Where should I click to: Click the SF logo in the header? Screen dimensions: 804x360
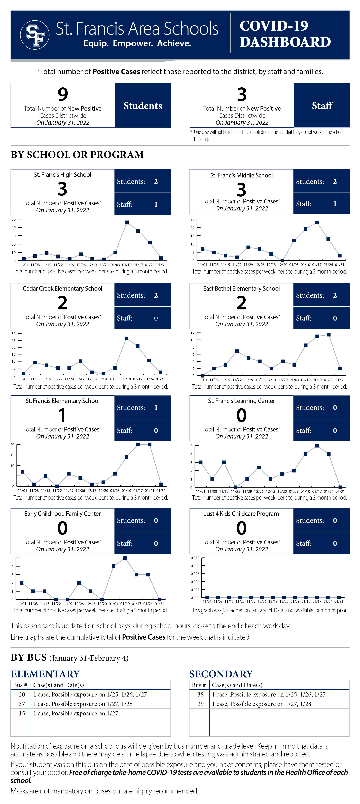(35, 35)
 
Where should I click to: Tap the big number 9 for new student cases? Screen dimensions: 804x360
(63, 94)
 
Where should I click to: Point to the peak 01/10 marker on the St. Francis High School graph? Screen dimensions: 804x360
(127, 223)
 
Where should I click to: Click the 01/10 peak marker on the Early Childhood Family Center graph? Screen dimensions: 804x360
(125, 558)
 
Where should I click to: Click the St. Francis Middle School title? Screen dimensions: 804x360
(241, 175)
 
